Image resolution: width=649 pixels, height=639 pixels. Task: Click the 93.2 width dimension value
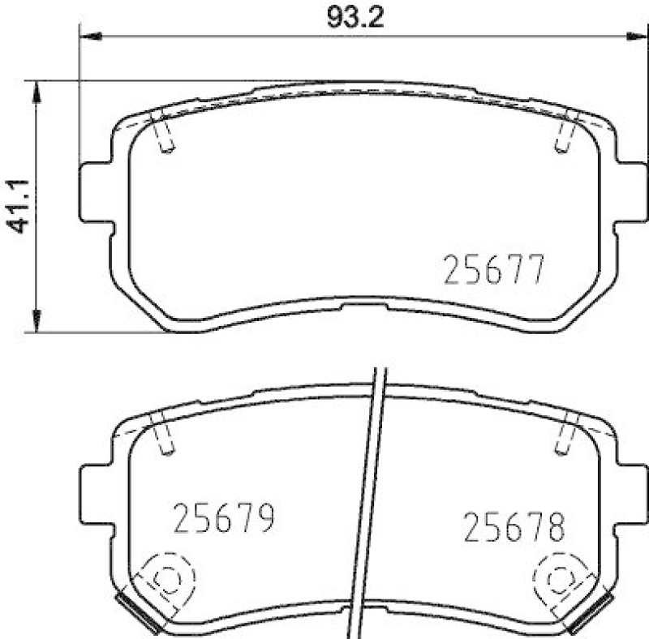point(354,17)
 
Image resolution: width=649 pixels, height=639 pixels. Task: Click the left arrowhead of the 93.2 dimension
point(89,36)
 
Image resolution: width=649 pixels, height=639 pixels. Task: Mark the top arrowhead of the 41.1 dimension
point(35,90)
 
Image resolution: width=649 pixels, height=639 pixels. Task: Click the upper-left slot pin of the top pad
point(163,133)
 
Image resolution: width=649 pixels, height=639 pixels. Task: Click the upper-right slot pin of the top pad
point(564,133)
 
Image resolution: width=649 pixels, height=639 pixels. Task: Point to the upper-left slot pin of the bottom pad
point(163,434)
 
